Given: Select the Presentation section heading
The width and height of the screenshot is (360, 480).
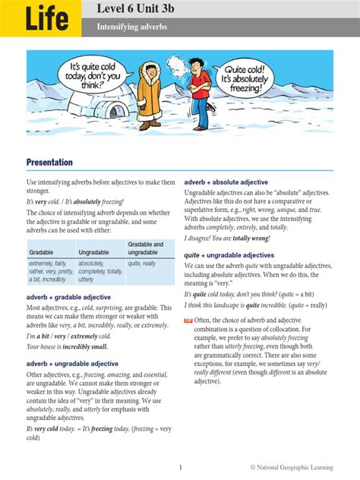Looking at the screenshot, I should (50, 163).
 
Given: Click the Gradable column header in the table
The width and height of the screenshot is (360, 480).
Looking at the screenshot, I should (42, 252).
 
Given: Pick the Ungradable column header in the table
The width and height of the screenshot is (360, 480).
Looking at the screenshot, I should (93, 252).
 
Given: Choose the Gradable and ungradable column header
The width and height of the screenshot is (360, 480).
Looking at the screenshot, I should (147, 248).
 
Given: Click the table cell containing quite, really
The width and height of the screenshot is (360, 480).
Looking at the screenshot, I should (142, 263).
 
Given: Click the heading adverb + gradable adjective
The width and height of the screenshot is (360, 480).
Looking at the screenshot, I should (68, 297).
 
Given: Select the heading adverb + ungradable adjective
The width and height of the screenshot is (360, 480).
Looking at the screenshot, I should (72, 364).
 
